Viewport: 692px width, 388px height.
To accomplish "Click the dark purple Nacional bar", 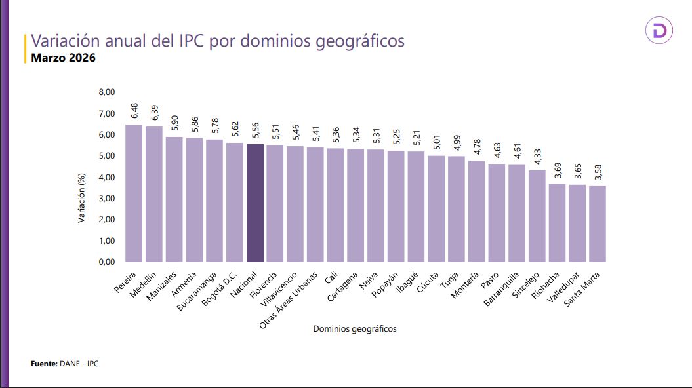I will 254,203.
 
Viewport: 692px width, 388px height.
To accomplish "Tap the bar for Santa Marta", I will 598,223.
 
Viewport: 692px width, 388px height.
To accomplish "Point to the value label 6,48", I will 134,111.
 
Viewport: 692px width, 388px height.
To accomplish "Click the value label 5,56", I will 254,130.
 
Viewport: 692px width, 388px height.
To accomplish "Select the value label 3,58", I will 598,172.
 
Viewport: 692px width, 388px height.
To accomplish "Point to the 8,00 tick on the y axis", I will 107,93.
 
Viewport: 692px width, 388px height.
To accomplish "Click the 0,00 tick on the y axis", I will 107,262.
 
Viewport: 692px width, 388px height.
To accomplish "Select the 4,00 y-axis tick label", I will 107,178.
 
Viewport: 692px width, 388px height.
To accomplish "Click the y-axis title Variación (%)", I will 82,198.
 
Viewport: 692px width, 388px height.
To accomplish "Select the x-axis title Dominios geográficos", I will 354,328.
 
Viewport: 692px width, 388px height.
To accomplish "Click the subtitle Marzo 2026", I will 64,58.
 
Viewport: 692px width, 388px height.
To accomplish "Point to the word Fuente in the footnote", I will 44,363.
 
